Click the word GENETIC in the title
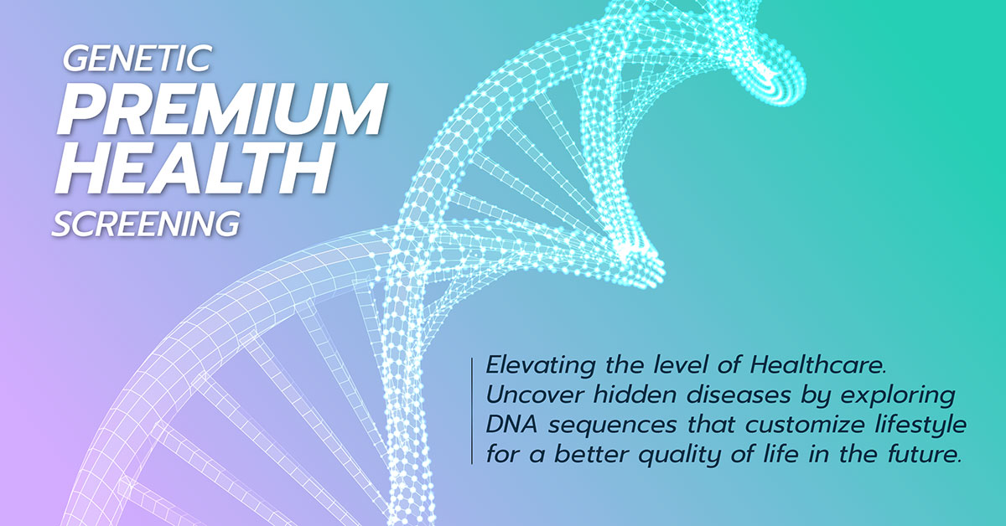coord(137,59)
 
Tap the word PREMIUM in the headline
coord(222,109)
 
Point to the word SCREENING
coord(146,224)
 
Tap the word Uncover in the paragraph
coord(536,395)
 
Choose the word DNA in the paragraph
coord(511,425)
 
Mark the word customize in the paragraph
coord(805,425)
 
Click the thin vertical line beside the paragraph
coord(472,411)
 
